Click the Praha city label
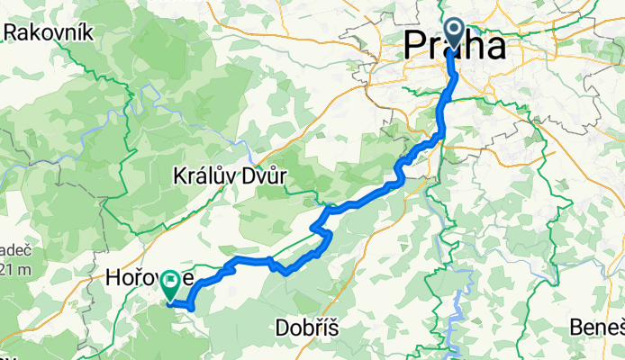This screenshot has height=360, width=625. point(455,45)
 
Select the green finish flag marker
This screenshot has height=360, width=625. point(168,285)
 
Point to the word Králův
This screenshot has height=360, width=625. point(204,177)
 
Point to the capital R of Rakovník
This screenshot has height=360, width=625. point(11,33)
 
